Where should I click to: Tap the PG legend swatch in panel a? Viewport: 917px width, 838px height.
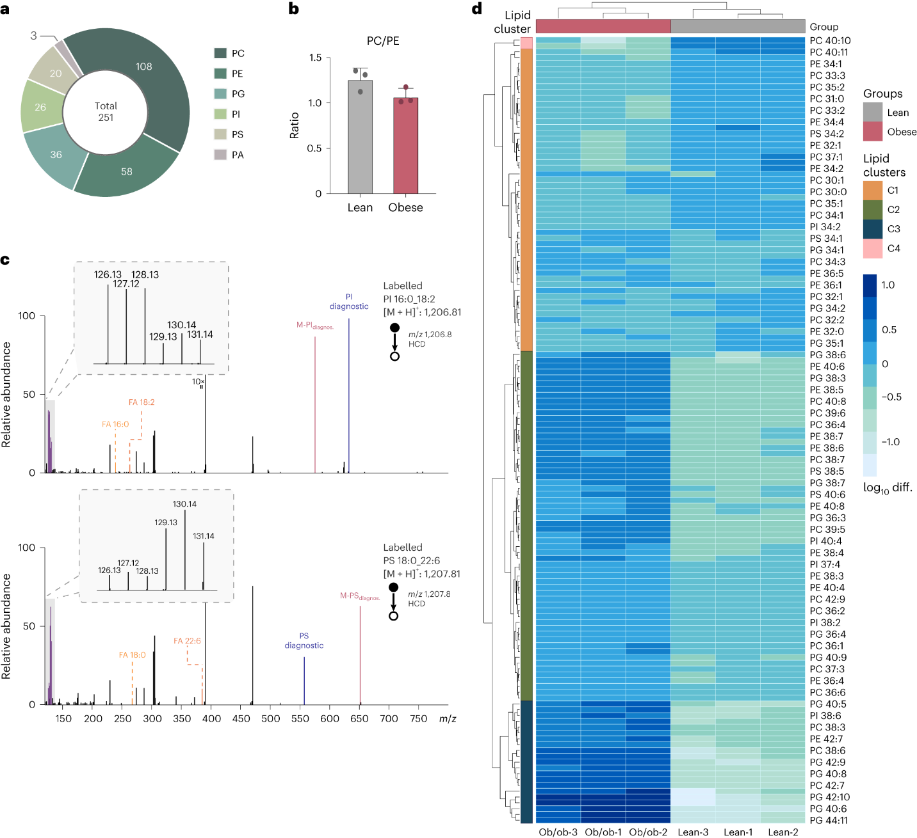coord(220,93)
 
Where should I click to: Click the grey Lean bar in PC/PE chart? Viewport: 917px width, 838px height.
coord(360,137)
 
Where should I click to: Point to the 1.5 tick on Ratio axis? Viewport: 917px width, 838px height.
coord(315,58)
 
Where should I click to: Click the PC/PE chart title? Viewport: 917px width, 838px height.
coord(383,41)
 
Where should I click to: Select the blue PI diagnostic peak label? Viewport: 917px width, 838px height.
coord(349,302)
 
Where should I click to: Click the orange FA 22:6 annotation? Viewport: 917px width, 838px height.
coord(187,641)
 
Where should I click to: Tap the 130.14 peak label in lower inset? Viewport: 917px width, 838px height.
coord(184,504)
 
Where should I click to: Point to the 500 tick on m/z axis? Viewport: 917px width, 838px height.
coord(271,719)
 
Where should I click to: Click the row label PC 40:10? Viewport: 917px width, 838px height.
coord(830,41)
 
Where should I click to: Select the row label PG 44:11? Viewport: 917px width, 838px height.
coord(829,820)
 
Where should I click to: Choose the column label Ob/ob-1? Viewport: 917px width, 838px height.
coord(603,832)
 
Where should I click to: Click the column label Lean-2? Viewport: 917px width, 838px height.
coord(783,832)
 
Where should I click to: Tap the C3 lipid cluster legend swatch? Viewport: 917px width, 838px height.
coord(872,229)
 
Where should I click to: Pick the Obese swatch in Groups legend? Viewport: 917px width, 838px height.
coord(872,132)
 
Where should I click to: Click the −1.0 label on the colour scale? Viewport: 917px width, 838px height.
coord(890,442)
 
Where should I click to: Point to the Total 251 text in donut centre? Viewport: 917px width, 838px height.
coord(106,112)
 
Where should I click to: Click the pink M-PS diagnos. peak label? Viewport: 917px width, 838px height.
coord(360,596)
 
